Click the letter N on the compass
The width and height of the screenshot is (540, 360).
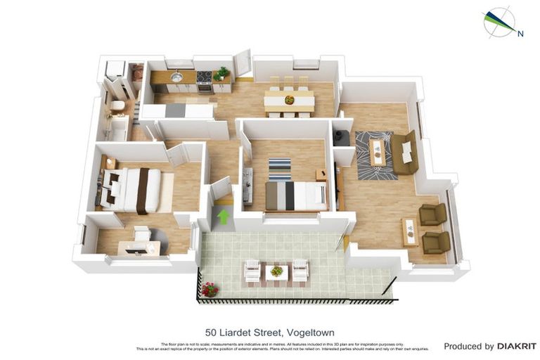(520, 33)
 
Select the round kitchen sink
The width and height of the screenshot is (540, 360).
(177, 77)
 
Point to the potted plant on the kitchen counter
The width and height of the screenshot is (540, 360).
(222, 73)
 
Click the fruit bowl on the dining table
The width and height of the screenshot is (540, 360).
(289, 100)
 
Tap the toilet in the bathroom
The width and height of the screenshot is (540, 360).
(117, 107)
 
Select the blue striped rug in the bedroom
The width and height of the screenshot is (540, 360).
(279, 169)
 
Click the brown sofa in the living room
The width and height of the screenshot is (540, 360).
(405, 154)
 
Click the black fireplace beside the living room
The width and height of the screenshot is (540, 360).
(341, 136)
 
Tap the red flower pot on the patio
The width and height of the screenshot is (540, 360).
(210, 289)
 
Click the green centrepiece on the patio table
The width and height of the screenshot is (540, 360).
(277, 271)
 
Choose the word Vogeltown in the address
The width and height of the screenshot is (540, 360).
(309, 332)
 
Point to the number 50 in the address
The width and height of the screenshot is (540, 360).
(211, 332)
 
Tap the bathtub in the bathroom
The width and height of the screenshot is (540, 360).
(117, 129)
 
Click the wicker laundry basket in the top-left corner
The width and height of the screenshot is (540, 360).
(137, 72)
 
